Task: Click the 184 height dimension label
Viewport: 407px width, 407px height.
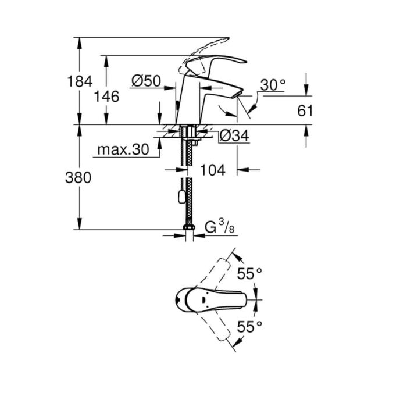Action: (80, 81)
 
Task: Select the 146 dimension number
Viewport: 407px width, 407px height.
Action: (106, 97)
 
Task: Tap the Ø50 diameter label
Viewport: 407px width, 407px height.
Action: (146, 81)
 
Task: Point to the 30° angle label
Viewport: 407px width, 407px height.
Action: (273, 85)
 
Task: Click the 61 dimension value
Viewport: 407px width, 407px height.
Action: (305, 111)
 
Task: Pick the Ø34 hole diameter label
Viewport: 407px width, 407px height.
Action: (234, 135)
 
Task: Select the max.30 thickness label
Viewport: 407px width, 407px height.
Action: (123, 149)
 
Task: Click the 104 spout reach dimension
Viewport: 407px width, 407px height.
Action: (213, 170)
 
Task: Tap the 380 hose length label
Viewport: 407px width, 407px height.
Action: (78, 178)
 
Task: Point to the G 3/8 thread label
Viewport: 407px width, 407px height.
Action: (220, 226)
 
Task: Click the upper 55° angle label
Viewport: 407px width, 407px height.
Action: (249, 273)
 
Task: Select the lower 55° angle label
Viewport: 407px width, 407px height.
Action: (249, 326)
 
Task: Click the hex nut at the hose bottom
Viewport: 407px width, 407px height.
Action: (189, 227)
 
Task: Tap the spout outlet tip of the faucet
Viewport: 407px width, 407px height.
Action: (238, 94)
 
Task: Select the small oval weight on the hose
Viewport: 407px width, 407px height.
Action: (181, 197)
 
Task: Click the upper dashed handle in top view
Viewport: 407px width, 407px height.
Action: (212, 275)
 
